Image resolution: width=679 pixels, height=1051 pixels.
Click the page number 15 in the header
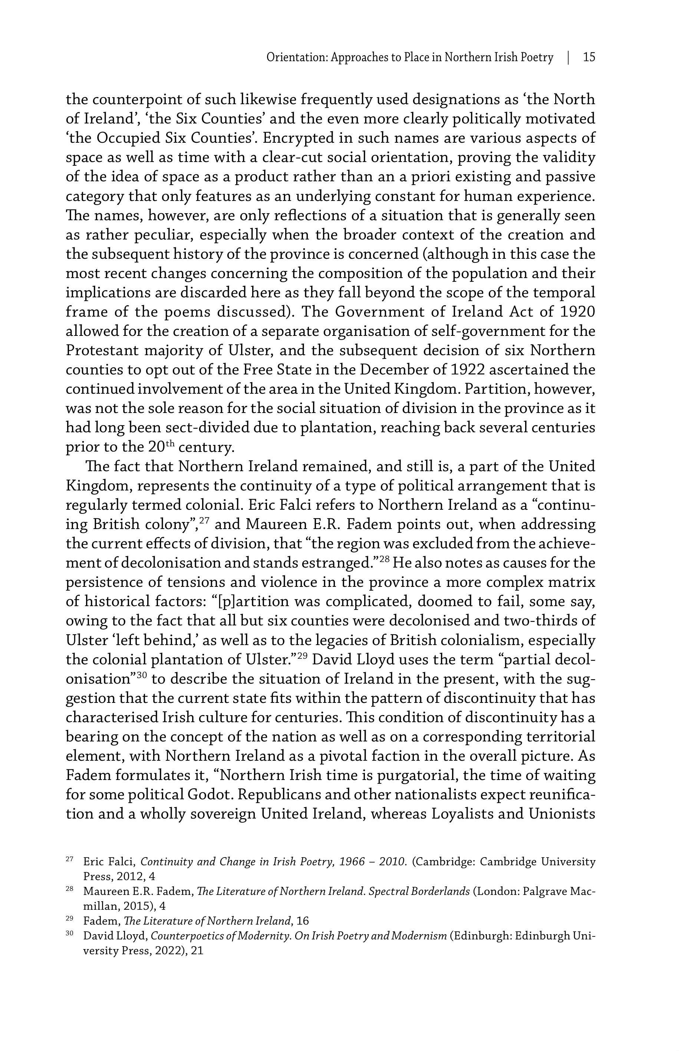click(x=589, y=57)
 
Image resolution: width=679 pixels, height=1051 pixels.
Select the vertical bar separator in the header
click(x=568, y=57)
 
